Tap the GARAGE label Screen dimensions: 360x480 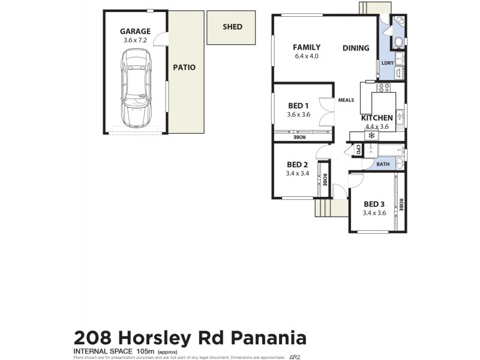click(135, 31)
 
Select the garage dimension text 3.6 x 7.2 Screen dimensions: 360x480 click(135, 40)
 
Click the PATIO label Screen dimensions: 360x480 click(184, 67)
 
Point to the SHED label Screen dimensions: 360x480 click(232, 26)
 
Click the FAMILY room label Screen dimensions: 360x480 click(306, 47)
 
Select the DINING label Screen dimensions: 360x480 click(356, 48)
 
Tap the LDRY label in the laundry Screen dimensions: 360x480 click(387, 62)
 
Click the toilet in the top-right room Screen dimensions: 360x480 click(398, 42)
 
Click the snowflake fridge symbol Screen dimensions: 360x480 click(371, 136)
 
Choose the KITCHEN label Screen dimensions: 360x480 click(377, 118)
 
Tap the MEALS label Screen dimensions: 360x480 click(346, 100)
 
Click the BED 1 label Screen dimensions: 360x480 click(298, 106)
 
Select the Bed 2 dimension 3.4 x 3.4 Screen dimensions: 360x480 click(297, 173)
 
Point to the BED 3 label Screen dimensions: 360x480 click(374, 203)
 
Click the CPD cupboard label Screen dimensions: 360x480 click(358, 149)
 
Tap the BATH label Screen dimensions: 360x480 click(383, 164)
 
